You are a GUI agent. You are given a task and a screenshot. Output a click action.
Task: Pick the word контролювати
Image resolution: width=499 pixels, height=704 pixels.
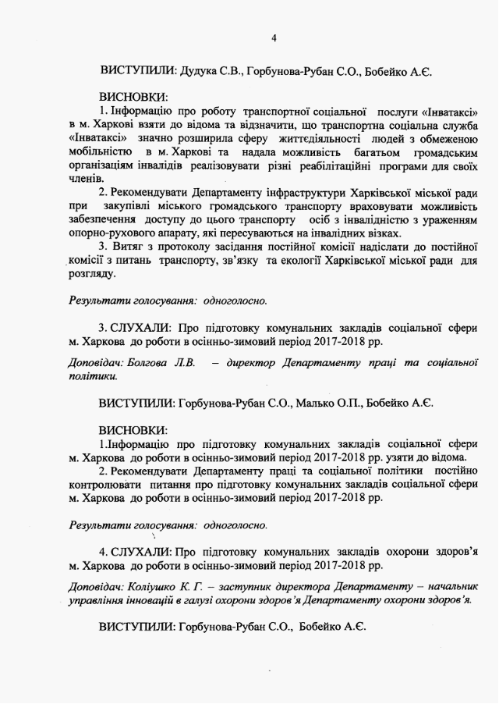point(102,485)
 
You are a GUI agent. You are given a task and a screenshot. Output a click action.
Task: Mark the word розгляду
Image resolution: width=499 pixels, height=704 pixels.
point(91,276)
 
